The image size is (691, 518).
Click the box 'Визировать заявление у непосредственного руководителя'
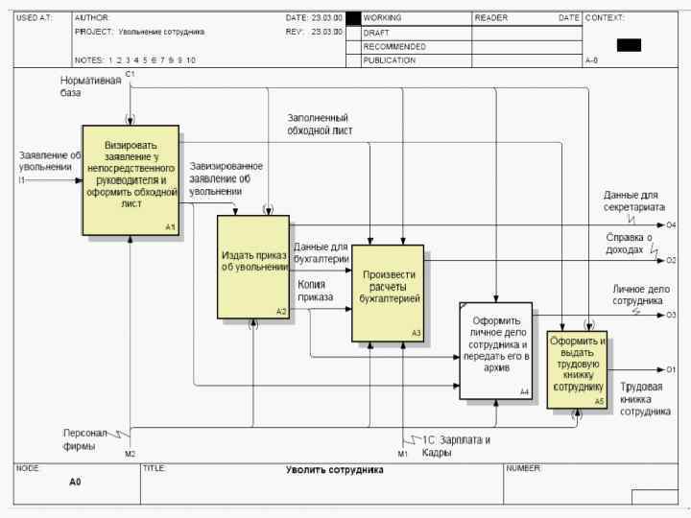130,179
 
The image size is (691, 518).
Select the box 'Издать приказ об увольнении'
253,267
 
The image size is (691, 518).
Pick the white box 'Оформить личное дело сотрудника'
495,350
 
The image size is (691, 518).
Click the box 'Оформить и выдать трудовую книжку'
577,369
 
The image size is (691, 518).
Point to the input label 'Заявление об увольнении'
48,160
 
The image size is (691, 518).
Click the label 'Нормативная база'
91,86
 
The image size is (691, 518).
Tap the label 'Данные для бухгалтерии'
321,252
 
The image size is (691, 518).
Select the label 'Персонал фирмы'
86,438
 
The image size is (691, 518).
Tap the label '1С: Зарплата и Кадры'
456,446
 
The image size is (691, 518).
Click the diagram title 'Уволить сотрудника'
334,470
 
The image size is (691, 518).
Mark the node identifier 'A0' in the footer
75,483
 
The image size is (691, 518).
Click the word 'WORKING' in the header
382,18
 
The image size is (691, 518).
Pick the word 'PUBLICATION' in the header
389,59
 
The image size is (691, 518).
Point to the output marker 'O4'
671,224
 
